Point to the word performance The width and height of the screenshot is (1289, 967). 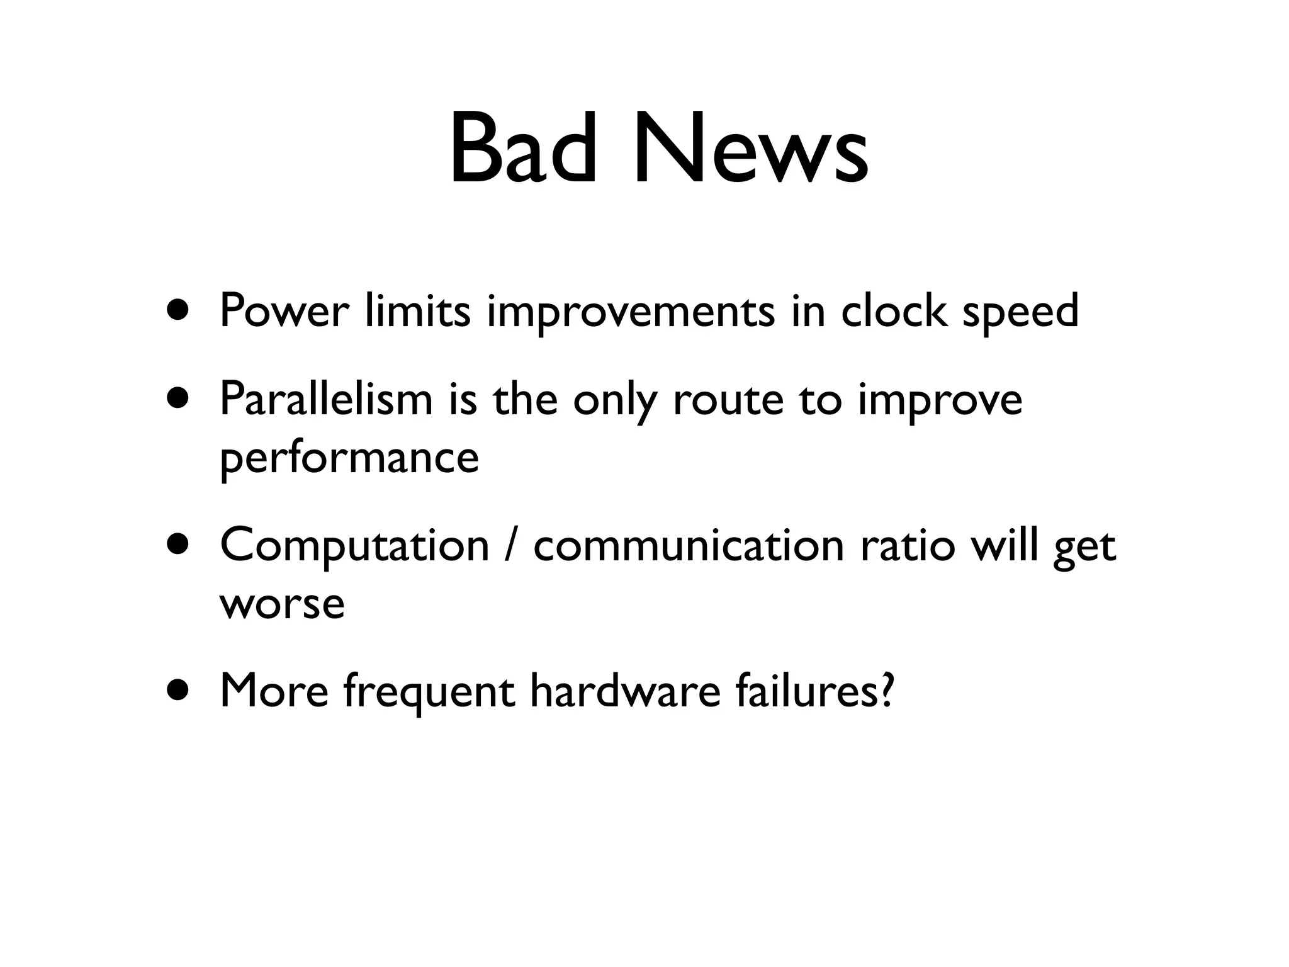(349, 458)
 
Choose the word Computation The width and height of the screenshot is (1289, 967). (354, 546)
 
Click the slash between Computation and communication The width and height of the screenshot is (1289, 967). (510, 545)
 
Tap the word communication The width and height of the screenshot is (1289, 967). (689, 545)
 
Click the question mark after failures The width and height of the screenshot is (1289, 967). (884, 690)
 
